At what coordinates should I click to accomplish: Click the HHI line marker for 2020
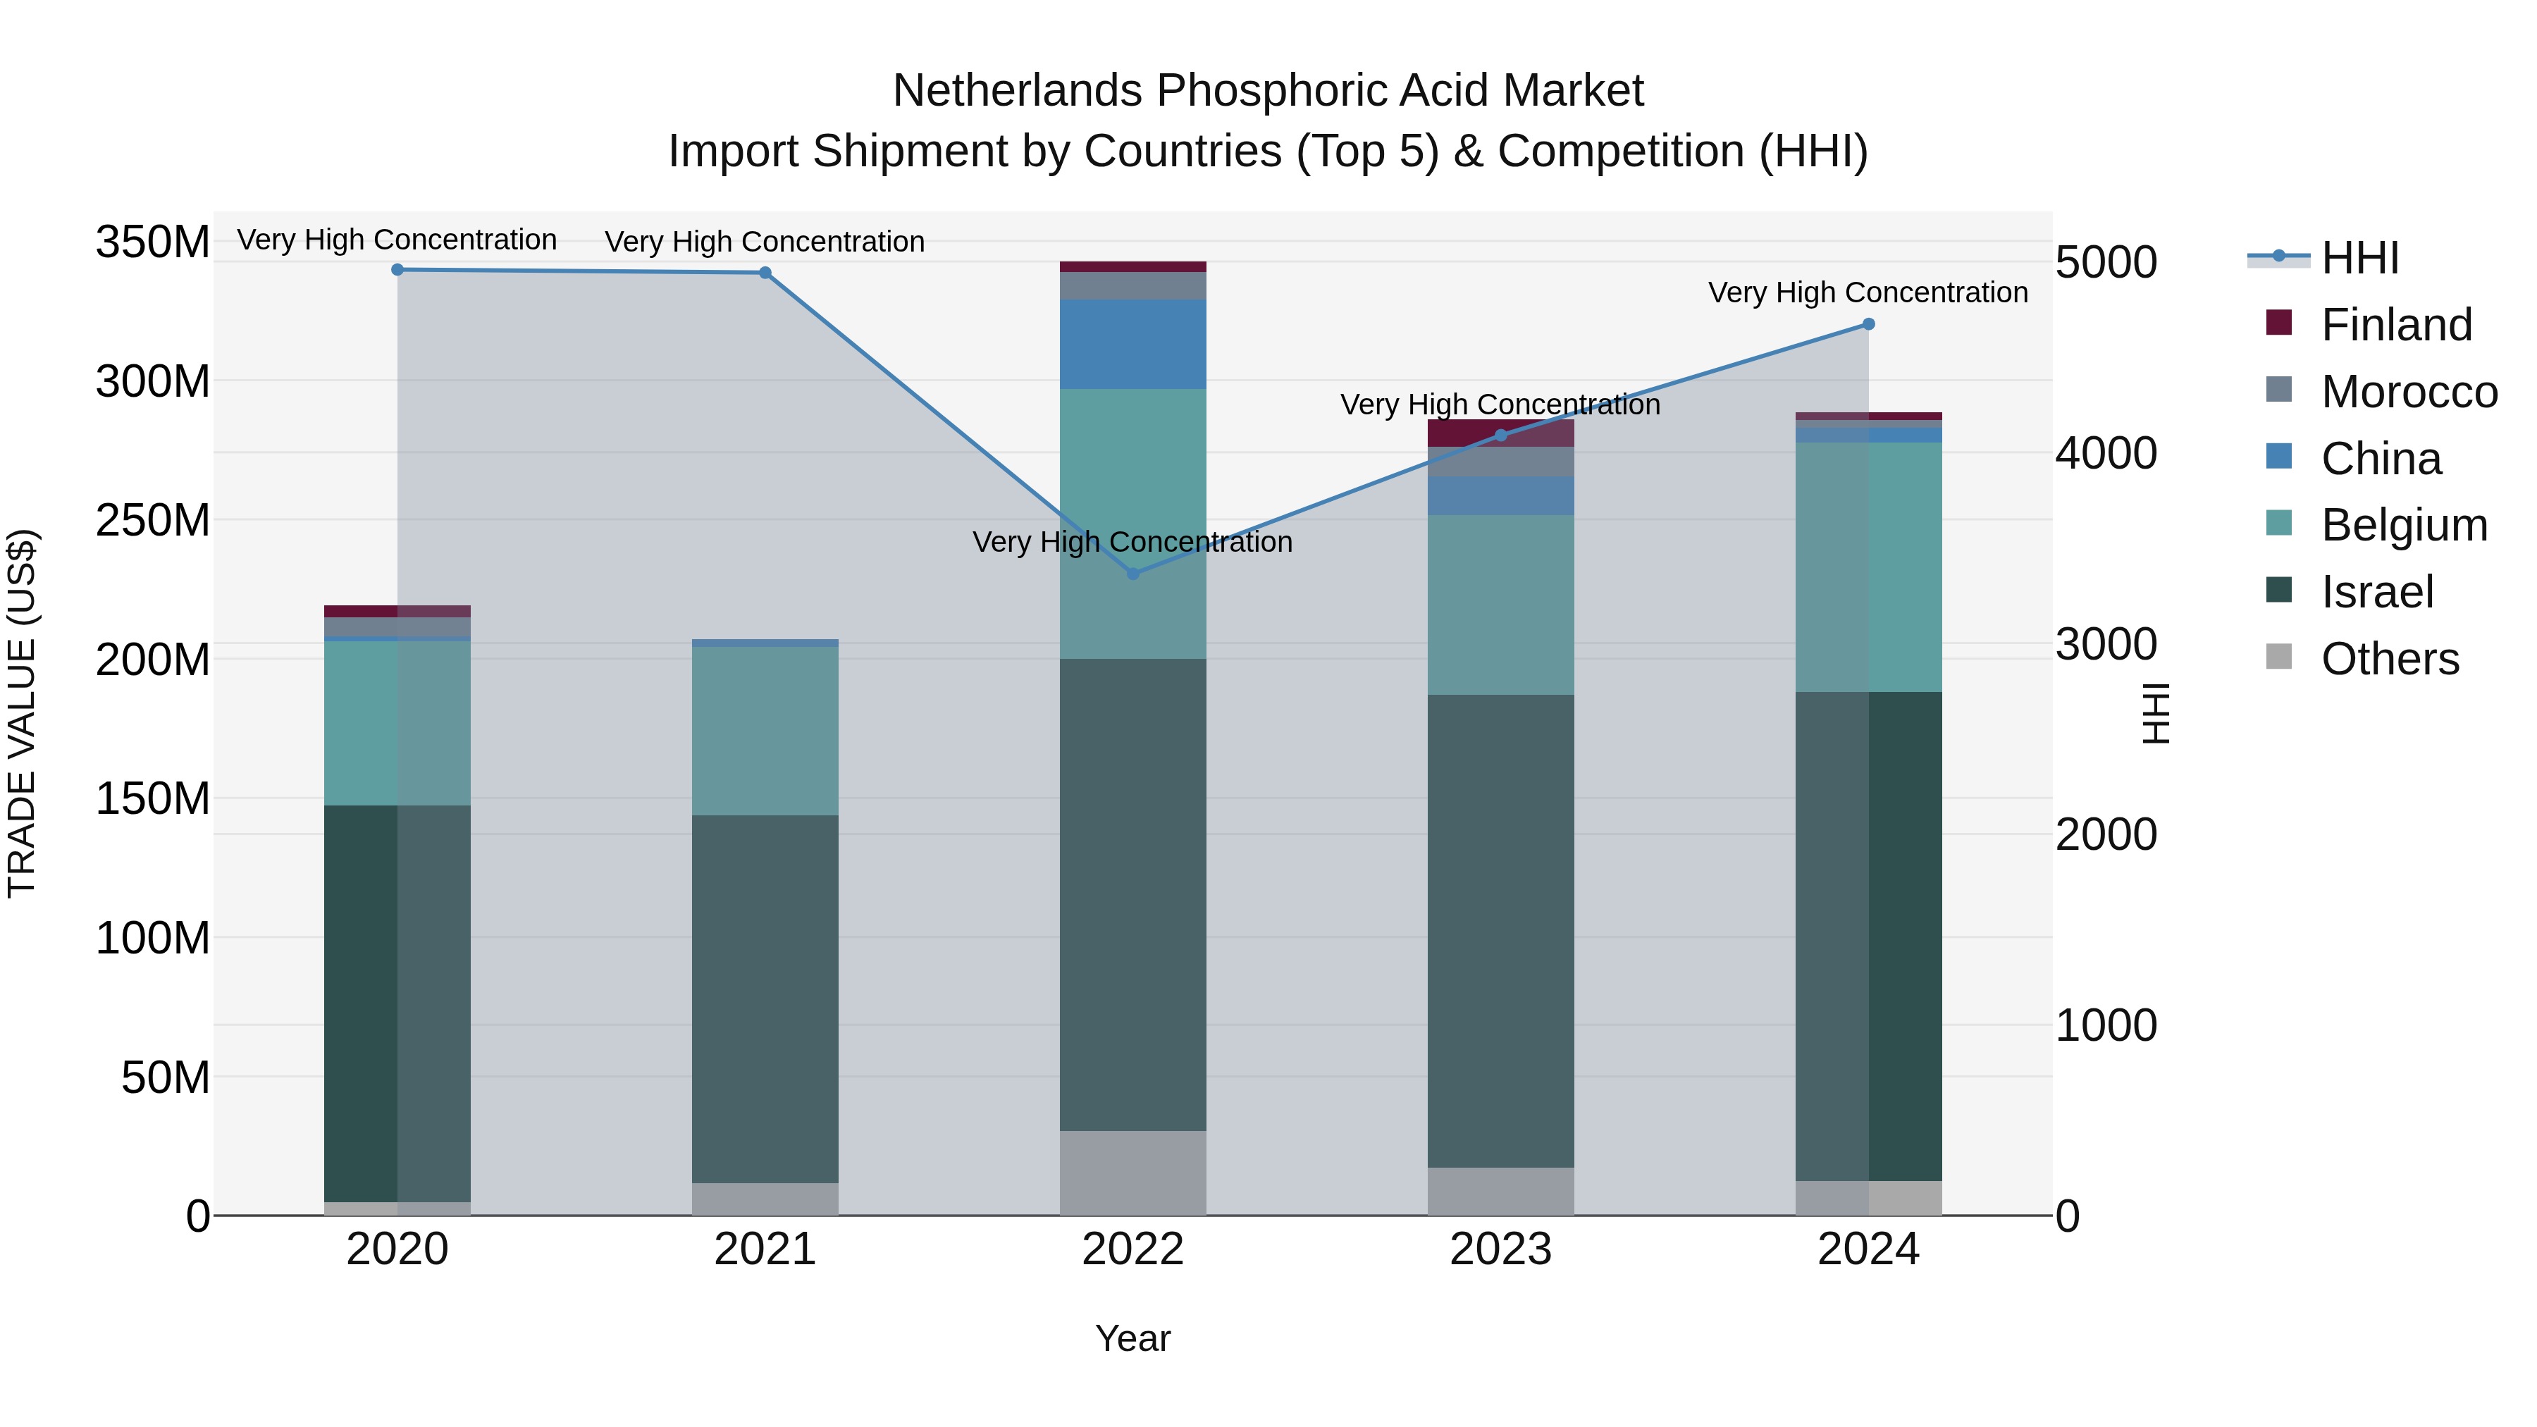coord(398,270)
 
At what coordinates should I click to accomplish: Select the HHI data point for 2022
coord(1132,573)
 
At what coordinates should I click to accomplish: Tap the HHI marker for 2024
coord(1868,324)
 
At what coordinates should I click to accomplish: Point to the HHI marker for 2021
coord(765,273)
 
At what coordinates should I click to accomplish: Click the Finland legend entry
coord(2396,325)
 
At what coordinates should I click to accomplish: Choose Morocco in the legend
coord(2408,392)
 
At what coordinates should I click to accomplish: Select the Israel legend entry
coord(2376,592)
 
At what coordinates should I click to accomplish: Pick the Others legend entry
coord(2389,659)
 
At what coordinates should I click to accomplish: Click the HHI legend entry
coord(2359,258)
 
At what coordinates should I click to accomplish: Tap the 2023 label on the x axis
coord(1500,1249)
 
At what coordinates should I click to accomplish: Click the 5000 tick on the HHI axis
coord(2106,263)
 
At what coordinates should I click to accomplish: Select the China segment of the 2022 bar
coord(1132,344)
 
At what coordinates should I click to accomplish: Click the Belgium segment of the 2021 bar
coord(765,731)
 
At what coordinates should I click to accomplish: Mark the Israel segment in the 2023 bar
coord(1500,931)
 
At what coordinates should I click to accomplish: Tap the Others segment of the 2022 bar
coord(1132,1172)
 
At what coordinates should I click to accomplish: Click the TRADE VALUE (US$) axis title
coord(22,713)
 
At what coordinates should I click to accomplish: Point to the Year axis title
coord(1132,1338)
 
